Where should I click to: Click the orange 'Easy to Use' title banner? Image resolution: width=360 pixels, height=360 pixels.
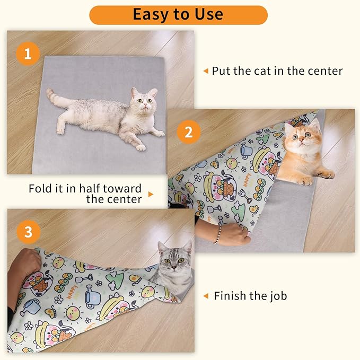coord(178,15)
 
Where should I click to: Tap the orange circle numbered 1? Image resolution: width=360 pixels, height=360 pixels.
coord(28,54)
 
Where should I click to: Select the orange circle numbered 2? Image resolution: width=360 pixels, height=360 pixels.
coord(188,131)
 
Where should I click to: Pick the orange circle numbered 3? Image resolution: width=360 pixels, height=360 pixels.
coord(28,232)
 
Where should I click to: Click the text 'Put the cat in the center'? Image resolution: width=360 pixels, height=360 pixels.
coord(277,71)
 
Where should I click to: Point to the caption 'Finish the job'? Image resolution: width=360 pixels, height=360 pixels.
coord(250,295)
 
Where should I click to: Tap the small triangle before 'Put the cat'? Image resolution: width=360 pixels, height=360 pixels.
coord(206,71)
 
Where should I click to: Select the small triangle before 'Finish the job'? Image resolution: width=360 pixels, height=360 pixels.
coord(206,296)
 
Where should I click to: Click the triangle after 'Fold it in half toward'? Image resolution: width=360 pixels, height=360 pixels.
coord(151,195)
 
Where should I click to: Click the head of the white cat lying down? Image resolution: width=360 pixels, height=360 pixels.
coord(144,102)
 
